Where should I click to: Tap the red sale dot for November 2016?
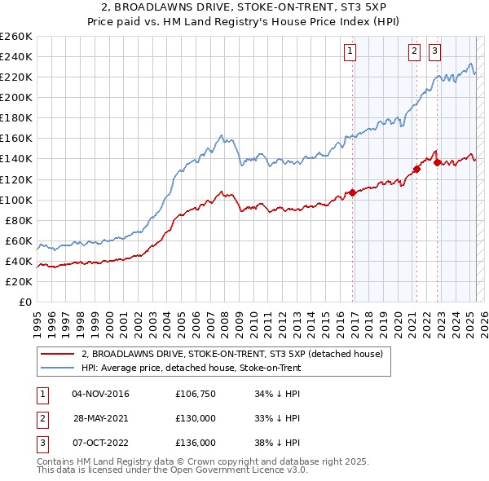(x=353, y=192)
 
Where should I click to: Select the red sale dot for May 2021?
(x=416, y=169)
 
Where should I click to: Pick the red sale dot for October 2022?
(x=437, y=162)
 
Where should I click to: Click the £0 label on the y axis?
(x=26, y=302)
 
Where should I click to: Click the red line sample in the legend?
(x=58, y=354)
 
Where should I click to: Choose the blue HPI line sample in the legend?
(x=58, y=368)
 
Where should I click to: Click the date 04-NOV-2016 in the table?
(x=100, y=394)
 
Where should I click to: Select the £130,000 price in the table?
(x=195, y=418)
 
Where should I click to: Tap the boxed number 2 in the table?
(x=41, y=418)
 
